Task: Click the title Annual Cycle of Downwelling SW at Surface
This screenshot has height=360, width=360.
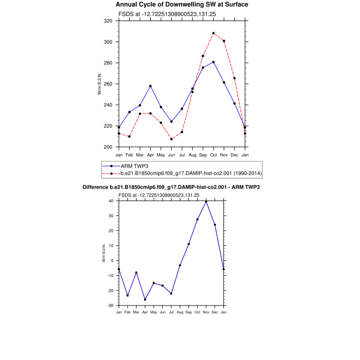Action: coord(182,5)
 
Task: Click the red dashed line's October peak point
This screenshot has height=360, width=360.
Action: coord(213,33)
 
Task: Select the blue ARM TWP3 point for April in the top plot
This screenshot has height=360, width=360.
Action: coord(150,86)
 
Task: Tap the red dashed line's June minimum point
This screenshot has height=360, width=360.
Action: coord(171,139)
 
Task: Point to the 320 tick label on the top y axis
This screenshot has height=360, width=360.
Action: coord(107,21)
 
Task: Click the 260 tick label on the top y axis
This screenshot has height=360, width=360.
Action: coord(107,84)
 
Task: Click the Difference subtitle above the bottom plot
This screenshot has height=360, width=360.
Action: coord(171,187)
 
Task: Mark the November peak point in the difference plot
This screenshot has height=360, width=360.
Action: coord(206,202)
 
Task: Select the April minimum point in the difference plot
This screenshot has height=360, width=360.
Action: coord(145,299)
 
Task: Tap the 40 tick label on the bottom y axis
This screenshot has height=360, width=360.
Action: coord(111,201)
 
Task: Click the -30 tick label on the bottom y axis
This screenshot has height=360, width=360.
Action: coord(110,305)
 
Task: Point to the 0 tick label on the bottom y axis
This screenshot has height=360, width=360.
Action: coord(112,261)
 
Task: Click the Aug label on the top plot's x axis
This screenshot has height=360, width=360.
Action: coord(192,155)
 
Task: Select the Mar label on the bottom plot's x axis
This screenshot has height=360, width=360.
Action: coord(136,312)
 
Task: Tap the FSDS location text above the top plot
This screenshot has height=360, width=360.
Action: coord(158,14)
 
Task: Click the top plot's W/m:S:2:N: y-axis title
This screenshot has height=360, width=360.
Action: coord(99,84)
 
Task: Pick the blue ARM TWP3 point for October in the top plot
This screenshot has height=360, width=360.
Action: coord(213,62)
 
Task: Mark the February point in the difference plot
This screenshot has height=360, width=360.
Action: coord(128,295)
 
